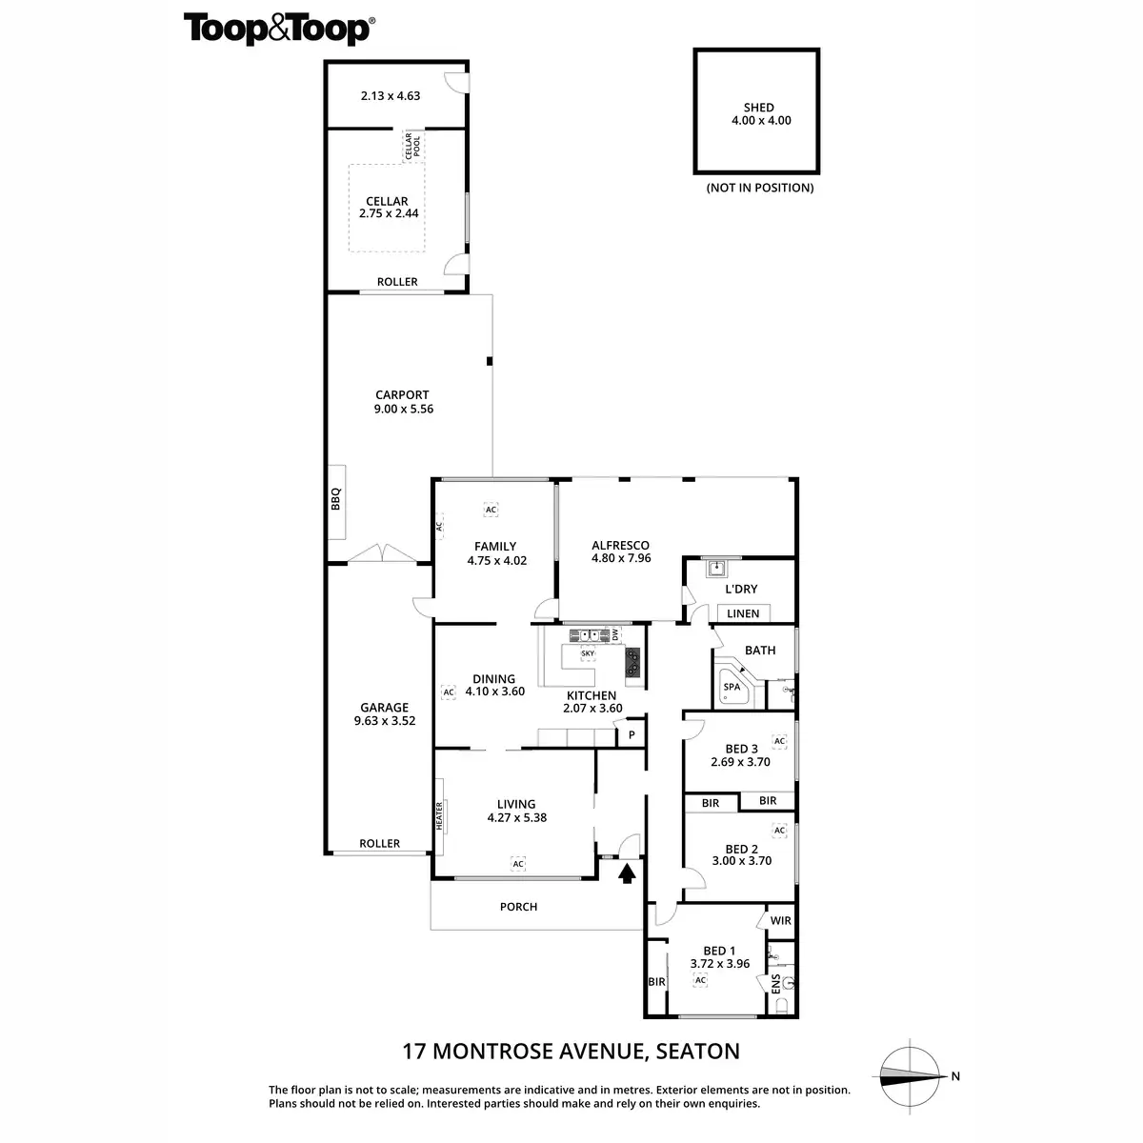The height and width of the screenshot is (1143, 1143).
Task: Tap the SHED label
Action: click(x=759, y=108)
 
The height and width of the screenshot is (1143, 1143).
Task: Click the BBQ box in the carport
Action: click(x=336, y=500)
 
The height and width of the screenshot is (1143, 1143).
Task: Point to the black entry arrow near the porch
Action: click(x=627, y=872)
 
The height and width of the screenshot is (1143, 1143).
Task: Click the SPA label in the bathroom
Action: click(x=732, y=687)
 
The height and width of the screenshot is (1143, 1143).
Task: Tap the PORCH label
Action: click(x=518, y=907)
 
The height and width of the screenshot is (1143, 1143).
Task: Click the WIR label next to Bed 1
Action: click(x=780, y=921)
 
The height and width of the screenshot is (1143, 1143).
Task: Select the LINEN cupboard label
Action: click(x=743, y=613)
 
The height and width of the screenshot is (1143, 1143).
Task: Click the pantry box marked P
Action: click(x=631, y=734)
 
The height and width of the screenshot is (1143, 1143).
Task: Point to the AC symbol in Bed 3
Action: click(x=779, y=741)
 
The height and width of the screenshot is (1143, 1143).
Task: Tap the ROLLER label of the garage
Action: click(x=379, y=843)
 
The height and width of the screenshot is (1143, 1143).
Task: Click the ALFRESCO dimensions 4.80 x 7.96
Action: click(x=620, y=558)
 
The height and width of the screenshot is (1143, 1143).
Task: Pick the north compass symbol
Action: click(x=910, y=1076)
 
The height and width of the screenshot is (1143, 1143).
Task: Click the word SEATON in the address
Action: click(x=696, y=1052)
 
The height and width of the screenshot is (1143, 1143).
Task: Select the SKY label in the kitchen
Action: click(x=587, y=652)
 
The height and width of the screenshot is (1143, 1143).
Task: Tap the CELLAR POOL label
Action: click(x=412, y=146)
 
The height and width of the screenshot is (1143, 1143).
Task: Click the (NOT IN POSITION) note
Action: click(x=759, y=188)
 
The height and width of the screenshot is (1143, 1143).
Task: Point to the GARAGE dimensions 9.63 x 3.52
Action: click(x=384, y=721)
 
